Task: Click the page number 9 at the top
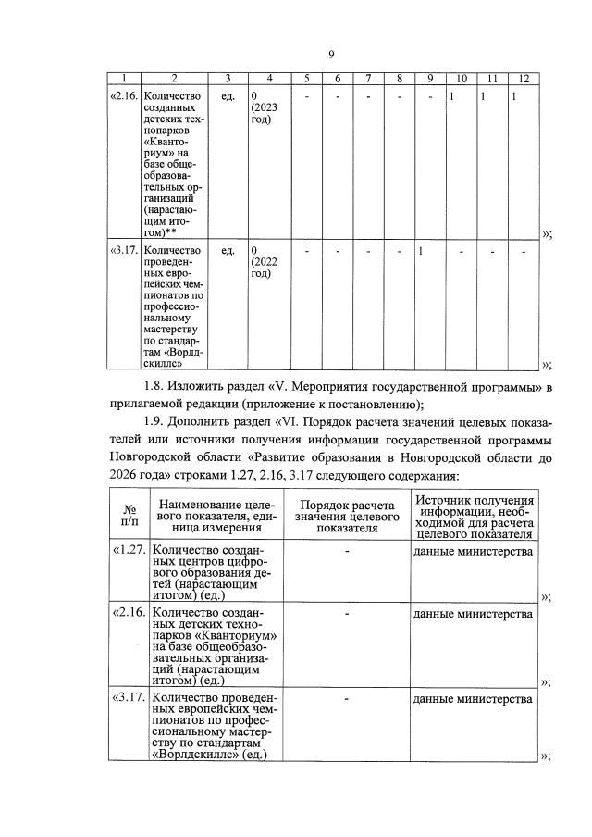coord(331,55)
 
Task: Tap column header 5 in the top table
coord(306,79)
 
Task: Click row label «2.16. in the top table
coord(126,95)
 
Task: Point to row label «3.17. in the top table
coord(126,251)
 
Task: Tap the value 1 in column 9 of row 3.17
coord(420,251)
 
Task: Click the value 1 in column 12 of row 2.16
coord(513,95)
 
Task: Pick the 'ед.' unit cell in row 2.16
coord(228,95)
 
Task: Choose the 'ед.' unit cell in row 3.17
coord(228,251)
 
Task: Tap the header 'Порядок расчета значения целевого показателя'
coord(346,514)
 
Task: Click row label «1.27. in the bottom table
coord(129,551)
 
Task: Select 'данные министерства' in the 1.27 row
coord(473,551)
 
